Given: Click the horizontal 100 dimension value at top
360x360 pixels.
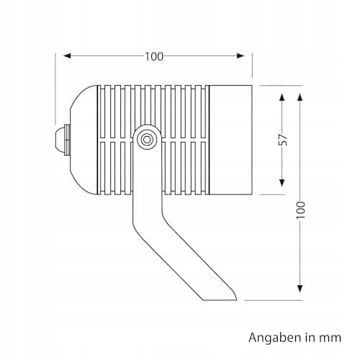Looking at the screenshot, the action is click(154, 57).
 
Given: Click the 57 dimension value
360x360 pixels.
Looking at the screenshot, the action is click(283, 140).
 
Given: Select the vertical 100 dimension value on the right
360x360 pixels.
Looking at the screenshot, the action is click(300, 210).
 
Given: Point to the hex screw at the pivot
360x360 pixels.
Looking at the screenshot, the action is click(146, 139).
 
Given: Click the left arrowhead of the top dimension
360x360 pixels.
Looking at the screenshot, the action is click(67, 56).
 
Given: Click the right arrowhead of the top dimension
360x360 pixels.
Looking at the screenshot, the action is click(240, 56).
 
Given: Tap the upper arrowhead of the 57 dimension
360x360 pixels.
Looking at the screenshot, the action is click(282, 97).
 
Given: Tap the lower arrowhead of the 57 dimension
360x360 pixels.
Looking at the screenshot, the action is click(282, 183).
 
